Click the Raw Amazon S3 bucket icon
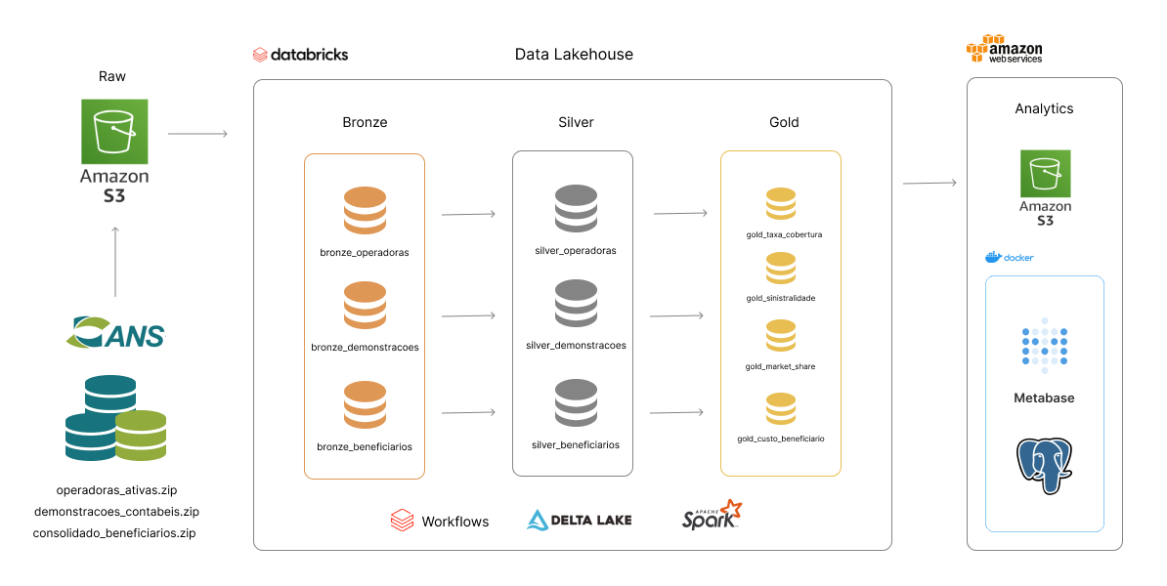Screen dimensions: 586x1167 click(114, 131)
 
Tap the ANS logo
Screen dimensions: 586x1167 click(116, 332)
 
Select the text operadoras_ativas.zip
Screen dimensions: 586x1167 click(116, 489)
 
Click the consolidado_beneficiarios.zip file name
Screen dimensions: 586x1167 click(114, 532)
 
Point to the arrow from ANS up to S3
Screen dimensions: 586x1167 click(115, 262)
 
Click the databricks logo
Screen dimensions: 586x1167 click(300, 55)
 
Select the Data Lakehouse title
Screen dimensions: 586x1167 click(574, 55)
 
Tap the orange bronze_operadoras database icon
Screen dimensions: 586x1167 click(365, 210)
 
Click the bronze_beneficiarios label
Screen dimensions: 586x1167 click(365, 446)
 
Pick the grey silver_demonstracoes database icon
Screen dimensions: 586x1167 click(576, 304)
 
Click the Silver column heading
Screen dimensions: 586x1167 click(576, 122)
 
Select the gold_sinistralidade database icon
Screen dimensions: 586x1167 click(780, 269)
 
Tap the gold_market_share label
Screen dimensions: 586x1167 click(780, 366)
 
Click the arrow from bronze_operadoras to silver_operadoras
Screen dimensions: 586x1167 click(468, 213)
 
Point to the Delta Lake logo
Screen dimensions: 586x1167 click(580, 520)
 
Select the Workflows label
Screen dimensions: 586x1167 click(454, 522)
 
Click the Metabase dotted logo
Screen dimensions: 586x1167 click(1044, 345)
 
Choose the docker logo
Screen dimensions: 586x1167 click(1009, 257)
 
